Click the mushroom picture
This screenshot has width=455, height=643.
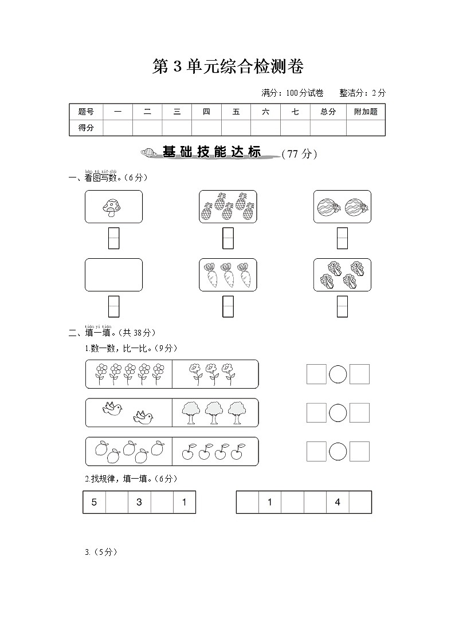(109, 207)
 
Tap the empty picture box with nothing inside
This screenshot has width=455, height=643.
(113, 275)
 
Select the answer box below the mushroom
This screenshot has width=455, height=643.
(113, 238)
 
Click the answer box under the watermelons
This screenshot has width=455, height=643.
(342, 238)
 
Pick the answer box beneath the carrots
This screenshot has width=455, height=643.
(228, 306)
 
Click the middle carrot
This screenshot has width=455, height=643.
(228, 275)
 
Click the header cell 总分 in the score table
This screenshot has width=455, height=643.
(328, 112)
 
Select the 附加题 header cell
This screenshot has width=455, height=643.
(366, 112)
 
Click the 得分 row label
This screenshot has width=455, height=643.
(86, 128)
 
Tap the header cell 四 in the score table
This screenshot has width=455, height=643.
(206, 112)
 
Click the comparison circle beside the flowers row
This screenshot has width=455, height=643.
(338, 374)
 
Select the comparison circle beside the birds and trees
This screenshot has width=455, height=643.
(338, 413)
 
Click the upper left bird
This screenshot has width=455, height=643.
(112, 408)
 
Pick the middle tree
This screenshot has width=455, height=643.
(214, 412)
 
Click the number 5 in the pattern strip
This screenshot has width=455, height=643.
(94, 502)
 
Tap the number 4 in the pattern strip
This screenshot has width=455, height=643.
(338, 502)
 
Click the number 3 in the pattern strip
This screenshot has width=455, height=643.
(139, 502)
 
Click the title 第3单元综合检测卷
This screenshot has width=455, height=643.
(227, 66)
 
